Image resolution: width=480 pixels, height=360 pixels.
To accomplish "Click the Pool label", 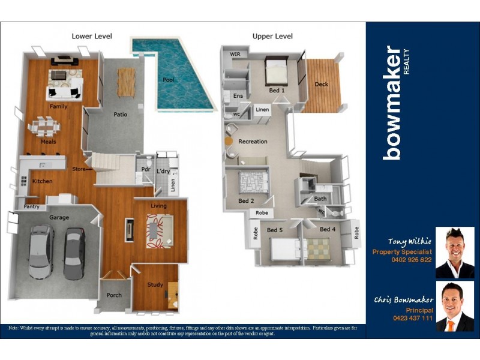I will [169, 80].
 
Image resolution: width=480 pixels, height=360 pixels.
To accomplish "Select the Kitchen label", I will [42, 181].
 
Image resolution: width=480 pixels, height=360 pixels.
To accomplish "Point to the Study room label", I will [155, 284].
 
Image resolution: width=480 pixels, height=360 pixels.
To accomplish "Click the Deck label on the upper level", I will [322, 85].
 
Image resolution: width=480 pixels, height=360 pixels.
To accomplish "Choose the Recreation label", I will [253, 142].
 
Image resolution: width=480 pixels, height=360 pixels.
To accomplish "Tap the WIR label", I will [235, 54].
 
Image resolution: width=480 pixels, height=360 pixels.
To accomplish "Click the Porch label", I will [114, 295].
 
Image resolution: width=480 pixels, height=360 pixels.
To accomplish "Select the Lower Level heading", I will [92, 37].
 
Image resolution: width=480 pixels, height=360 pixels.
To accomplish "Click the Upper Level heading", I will [272, 37].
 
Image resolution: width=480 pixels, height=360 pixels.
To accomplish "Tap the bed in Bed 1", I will [277, 72].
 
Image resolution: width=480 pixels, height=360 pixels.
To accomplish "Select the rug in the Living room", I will [160, 229].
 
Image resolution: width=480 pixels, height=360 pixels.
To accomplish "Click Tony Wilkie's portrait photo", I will [454, 252].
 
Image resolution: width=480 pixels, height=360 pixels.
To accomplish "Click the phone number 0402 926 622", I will [412, 260].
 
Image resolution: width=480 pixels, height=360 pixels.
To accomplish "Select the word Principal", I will [419, 310].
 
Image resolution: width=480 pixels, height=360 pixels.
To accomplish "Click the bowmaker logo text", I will [394, 102].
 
